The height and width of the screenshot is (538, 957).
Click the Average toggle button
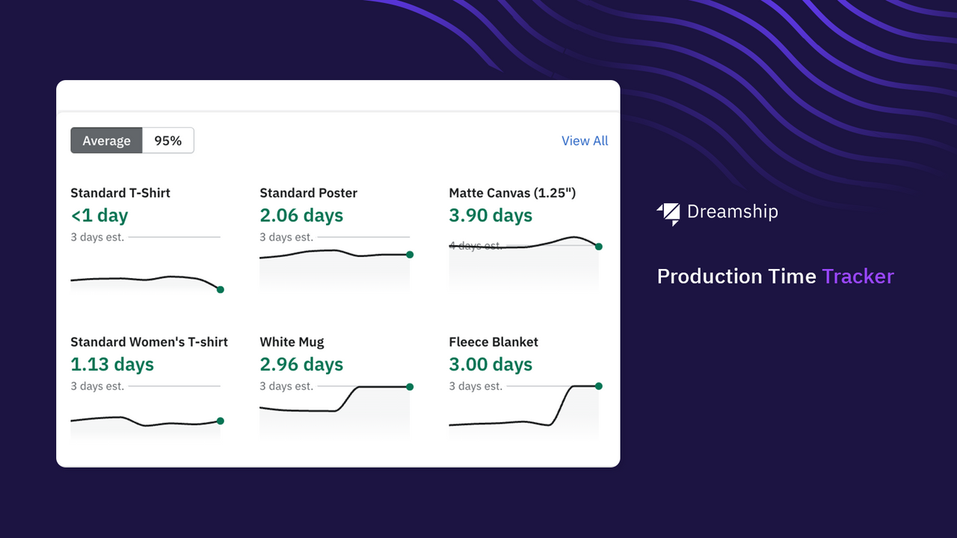coord(106,140)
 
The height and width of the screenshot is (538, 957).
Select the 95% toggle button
coord(167,140)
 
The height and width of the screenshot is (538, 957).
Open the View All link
coord(585,140)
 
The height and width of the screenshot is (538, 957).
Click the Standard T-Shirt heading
coord(120,193)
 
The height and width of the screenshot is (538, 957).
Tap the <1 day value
coord(99,216)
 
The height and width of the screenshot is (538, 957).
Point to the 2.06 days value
coord(301,216)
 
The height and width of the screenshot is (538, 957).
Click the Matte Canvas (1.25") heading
coord(512,193)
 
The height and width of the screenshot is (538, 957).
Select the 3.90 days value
coord(490,216)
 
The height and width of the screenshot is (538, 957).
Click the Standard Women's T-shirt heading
coord(149,342)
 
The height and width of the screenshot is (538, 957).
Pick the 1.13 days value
coord(112,365)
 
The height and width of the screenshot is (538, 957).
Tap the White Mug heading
coord(292,342)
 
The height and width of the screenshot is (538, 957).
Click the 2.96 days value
coord(301,365)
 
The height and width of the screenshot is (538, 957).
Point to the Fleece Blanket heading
coord(493,342)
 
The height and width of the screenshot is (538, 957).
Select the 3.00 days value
coord(490,365)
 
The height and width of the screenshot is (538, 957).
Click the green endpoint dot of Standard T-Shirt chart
coord(220,289)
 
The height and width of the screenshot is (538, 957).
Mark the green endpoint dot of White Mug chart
coord(410,386)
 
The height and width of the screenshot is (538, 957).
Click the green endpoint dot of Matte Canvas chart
coord(599,247)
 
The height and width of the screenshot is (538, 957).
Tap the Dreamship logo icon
coord(668,214)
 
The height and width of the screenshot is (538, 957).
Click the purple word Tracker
coord(858,276)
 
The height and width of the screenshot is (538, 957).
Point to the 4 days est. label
coord(476,245)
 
